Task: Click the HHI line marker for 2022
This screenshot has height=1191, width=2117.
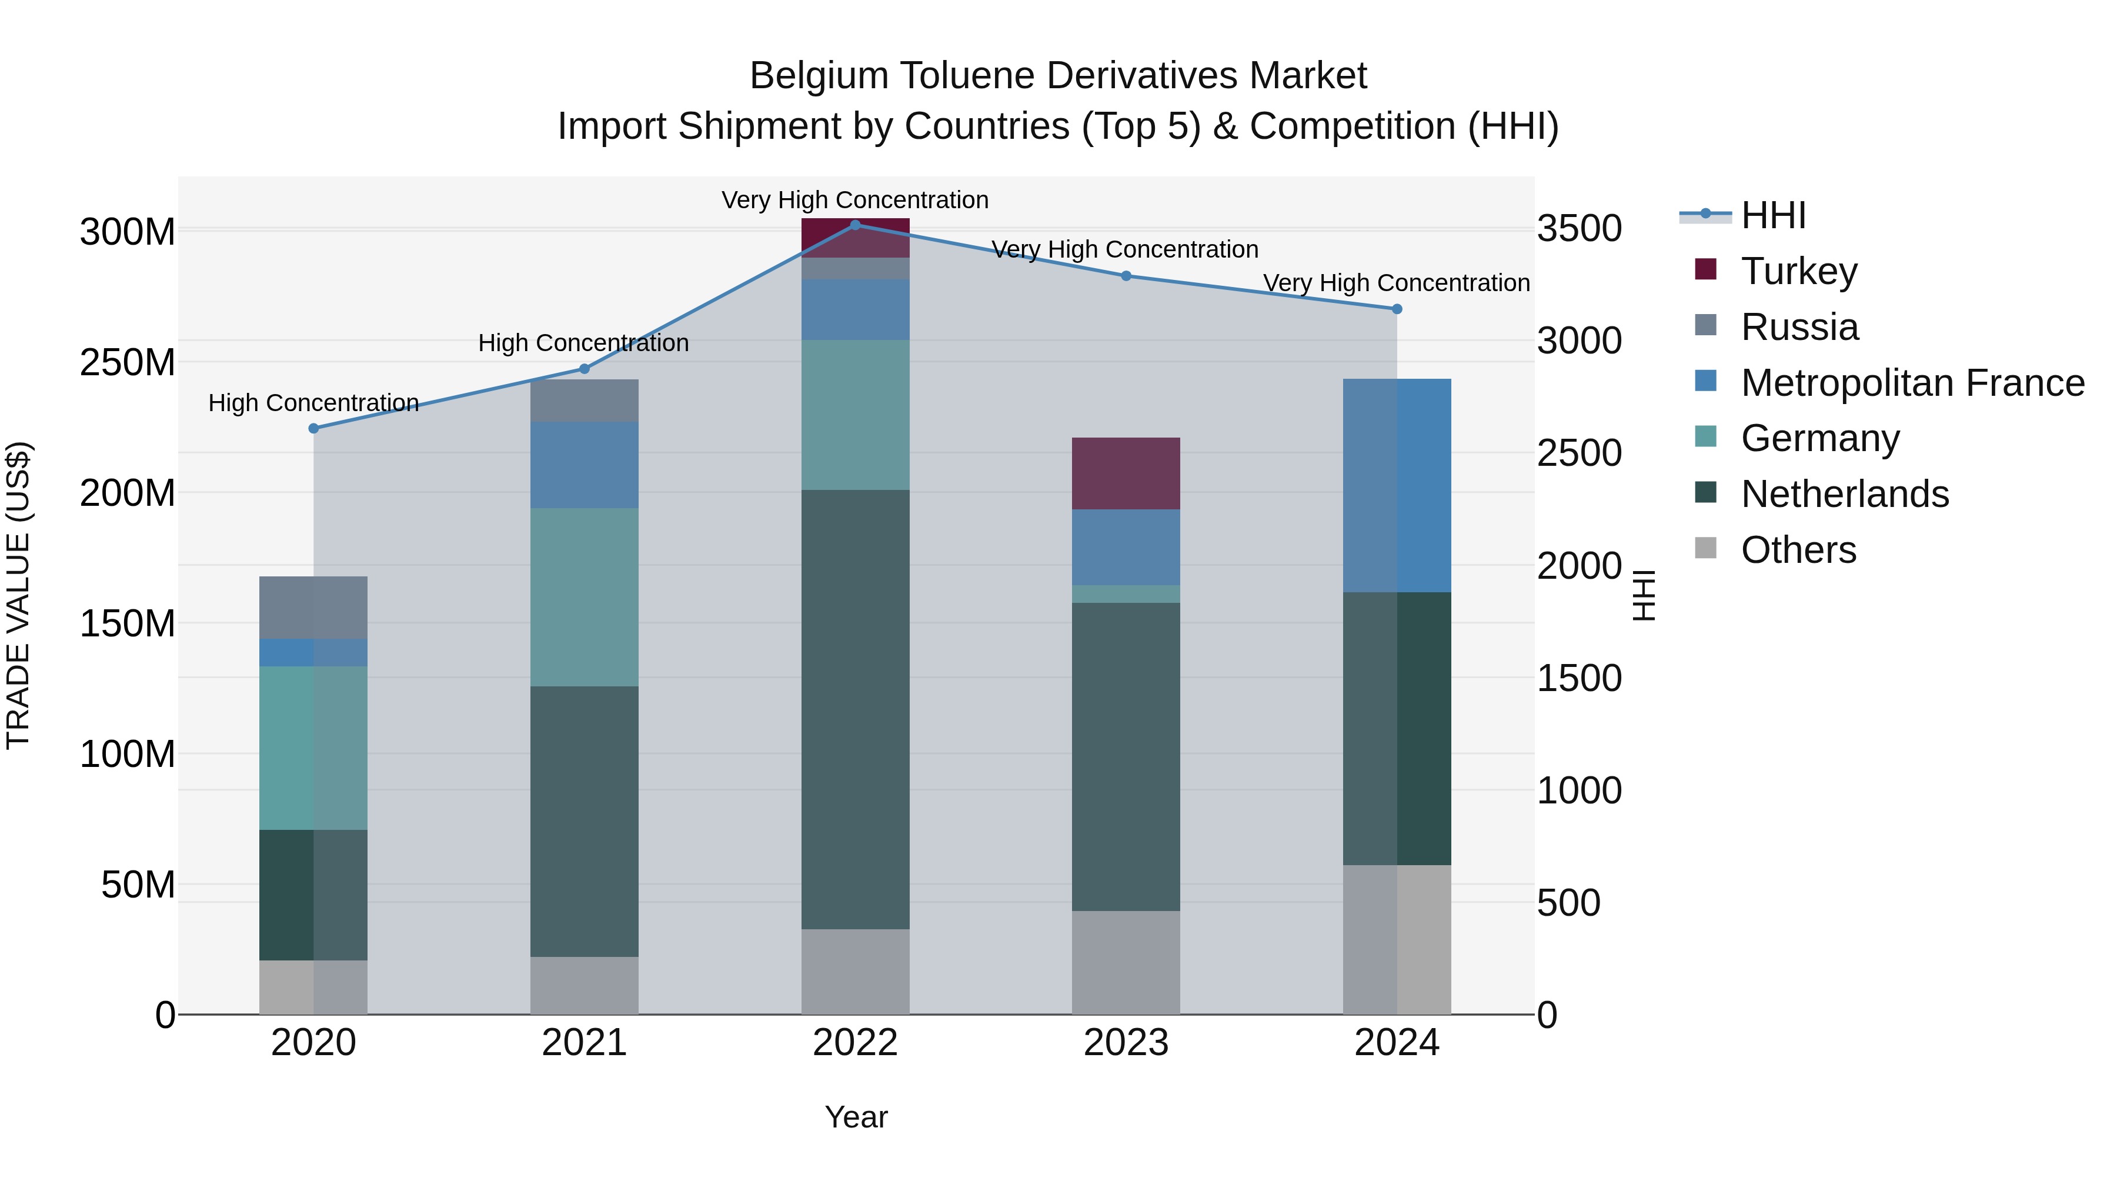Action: tap(854, 225)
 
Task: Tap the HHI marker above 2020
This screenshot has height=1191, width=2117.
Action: tap(313, 428)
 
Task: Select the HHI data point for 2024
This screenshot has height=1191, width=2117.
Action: tap(1396, 309)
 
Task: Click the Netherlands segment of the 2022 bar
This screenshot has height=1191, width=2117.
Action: tap(854, 709)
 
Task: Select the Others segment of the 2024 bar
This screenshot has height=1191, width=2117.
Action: tap(1396, 939)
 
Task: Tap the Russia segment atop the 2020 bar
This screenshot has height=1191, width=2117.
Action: tap(313, 608)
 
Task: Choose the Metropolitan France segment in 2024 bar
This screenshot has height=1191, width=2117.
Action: tap(1396, 485)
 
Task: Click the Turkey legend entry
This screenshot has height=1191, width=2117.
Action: tap(1798, 271)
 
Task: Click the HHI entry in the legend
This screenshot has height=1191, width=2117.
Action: tap(1772, 215)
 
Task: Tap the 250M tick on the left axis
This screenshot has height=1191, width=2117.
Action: tap(128, 362)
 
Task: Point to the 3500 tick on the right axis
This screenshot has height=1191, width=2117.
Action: tap(1579, 229)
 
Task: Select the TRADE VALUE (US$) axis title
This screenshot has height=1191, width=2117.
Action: tap(18, 595)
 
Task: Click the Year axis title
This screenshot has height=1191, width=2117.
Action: tap(856, 1117)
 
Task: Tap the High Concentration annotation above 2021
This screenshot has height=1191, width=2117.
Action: tap(583, 343)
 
